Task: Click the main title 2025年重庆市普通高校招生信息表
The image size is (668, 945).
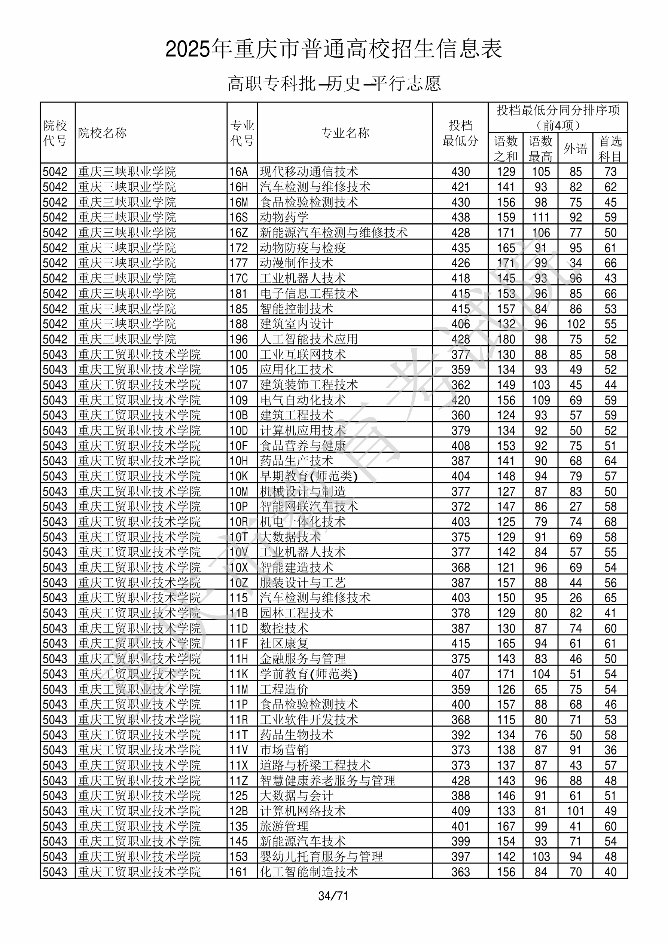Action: [333, 49]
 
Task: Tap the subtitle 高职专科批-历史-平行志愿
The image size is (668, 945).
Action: [334, 83]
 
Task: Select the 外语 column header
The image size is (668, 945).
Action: [575, 149]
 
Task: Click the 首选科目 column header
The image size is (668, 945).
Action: [610, 149]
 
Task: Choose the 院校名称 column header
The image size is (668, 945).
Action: [103, 133]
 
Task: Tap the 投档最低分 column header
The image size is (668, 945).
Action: [460, 133]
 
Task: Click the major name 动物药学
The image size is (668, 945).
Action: [284, 217]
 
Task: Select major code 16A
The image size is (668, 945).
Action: [239, 172]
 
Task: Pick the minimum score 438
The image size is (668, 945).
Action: [460, 217]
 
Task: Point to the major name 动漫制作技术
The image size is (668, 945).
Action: [296, 263]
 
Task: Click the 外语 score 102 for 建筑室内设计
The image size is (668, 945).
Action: [575, 324]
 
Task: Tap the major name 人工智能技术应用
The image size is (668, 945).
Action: [309, 339]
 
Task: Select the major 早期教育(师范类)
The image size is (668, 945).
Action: [309, 476]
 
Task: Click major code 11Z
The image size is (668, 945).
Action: [239, 781]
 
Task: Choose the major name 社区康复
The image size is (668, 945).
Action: [284, 643]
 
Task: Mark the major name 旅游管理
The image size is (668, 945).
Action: [284, 826]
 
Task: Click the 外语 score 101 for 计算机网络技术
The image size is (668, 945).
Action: [575, 811]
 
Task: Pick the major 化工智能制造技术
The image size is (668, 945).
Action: [309, 872]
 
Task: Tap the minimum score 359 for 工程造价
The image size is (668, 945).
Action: [460, 689]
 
